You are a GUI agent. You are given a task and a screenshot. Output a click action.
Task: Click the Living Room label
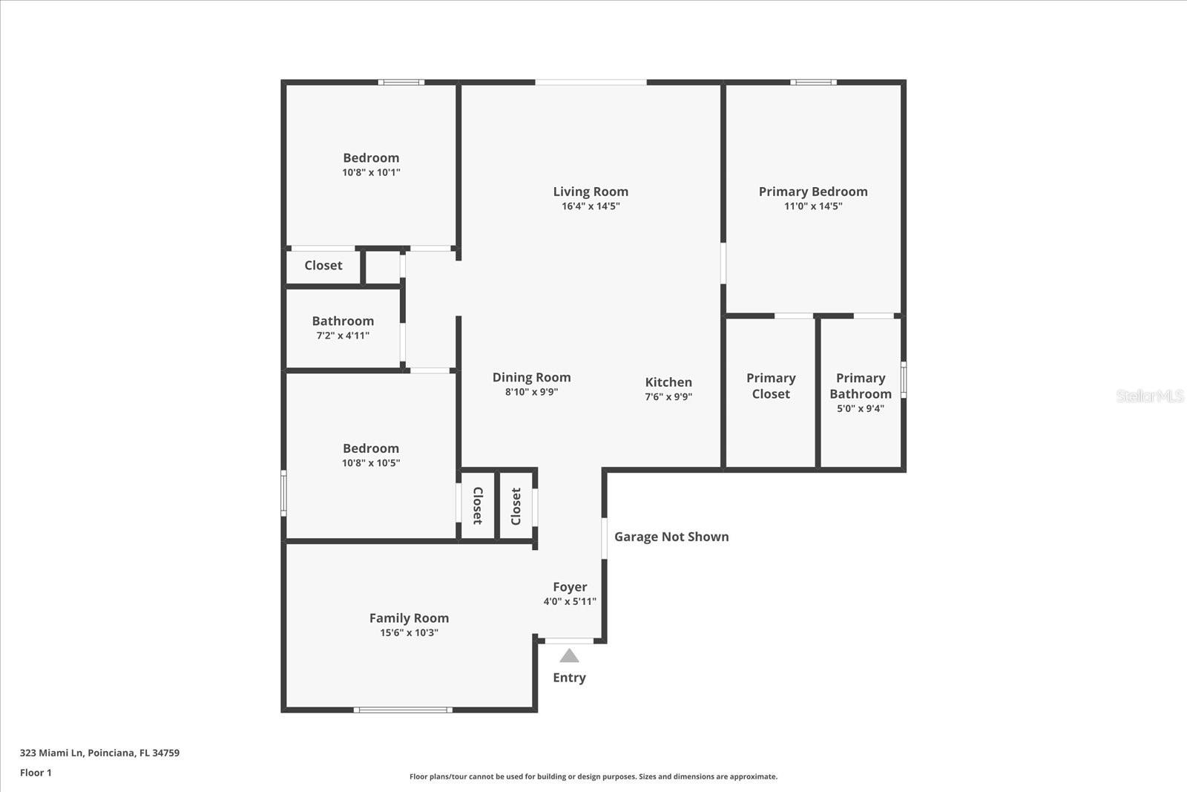[591, 192]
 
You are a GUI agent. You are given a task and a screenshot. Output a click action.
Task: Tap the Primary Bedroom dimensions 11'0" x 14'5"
[813, 206]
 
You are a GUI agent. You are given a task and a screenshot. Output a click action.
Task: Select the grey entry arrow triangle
[569, 656]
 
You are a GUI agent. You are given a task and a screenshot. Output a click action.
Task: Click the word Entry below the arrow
[569, 678]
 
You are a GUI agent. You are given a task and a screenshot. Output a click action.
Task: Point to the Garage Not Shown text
[671, 537]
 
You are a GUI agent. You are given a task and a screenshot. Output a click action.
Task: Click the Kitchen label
[668, 382]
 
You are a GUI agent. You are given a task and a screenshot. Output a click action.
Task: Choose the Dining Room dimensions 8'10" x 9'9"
[531, 392]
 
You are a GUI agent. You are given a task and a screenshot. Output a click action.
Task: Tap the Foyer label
[570, 587]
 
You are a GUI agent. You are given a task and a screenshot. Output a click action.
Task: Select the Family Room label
[409, 618]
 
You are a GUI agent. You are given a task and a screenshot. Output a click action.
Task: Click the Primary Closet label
[771, 386]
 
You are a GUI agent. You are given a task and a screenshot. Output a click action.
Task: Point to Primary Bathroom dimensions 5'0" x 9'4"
[861, 408]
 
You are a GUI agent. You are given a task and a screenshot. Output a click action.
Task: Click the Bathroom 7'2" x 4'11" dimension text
[343, 336]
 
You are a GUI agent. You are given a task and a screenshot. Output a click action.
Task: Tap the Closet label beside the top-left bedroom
[323, 266]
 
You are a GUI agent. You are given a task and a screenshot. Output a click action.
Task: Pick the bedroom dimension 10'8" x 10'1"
[371, 172]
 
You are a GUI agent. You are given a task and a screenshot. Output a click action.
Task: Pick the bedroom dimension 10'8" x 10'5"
[371, 463]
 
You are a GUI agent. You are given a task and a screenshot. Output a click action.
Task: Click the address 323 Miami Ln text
[99, 753]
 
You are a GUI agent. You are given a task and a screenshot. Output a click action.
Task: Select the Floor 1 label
[36, 773]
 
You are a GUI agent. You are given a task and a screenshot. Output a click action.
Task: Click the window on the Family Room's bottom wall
[403, 710]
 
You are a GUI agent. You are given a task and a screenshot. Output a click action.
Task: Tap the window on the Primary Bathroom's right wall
[904, 379]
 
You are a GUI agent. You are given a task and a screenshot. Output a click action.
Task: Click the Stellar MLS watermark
[1149, 396]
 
